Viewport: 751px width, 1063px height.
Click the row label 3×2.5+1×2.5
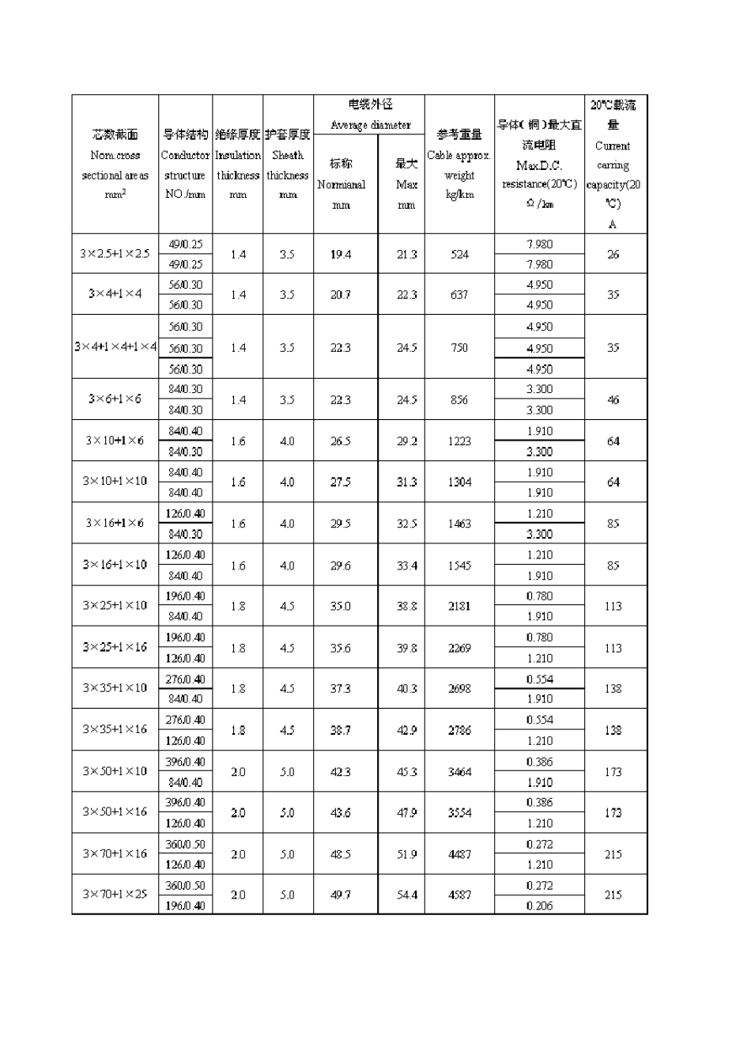point(115,254)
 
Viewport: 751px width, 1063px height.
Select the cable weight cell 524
point(459,255)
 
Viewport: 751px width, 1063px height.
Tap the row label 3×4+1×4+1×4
point(115,347)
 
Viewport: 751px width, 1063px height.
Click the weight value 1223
point(459,441)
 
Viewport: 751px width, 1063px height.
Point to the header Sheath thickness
point(288,165)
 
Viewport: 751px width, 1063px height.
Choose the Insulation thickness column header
point(238,165)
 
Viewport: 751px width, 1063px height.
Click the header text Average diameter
point(370,125)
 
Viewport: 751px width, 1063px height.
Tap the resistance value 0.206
point(539,906)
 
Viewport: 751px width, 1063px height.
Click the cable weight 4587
point(459,895)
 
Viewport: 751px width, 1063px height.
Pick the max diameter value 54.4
point(407,895)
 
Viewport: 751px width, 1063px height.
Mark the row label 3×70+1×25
point(115,895)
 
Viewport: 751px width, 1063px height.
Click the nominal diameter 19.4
point(341,255)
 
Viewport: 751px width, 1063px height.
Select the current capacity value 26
point(613,255)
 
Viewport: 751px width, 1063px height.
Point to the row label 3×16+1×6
point(115,523)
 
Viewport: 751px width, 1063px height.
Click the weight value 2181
point(459,607)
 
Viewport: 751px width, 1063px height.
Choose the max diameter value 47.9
point(407,813)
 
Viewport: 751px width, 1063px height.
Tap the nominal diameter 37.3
point(341,689)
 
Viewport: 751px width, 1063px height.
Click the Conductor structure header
point(185,165)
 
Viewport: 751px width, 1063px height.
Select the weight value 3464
point(459,772)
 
